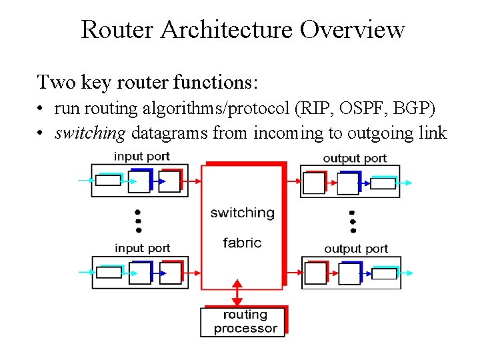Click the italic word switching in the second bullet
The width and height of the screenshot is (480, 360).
point(90,133)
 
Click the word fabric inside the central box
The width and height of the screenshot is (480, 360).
point(242,243)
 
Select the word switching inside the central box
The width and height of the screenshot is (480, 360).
point(242,213)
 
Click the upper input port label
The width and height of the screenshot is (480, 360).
point(141,157)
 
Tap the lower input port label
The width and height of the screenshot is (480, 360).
point(142,248)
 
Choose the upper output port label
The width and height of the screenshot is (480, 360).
point(355,158)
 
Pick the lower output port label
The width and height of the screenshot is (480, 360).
point(356,249)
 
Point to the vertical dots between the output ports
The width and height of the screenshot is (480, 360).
point(352,219)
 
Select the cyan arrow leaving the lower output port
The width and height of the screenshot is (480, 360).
point(406,273)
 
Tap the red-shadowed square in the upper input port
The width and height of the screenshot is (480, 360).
point(170,181)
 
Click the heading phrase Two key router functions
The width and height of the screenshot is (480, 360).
point(147,82)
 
